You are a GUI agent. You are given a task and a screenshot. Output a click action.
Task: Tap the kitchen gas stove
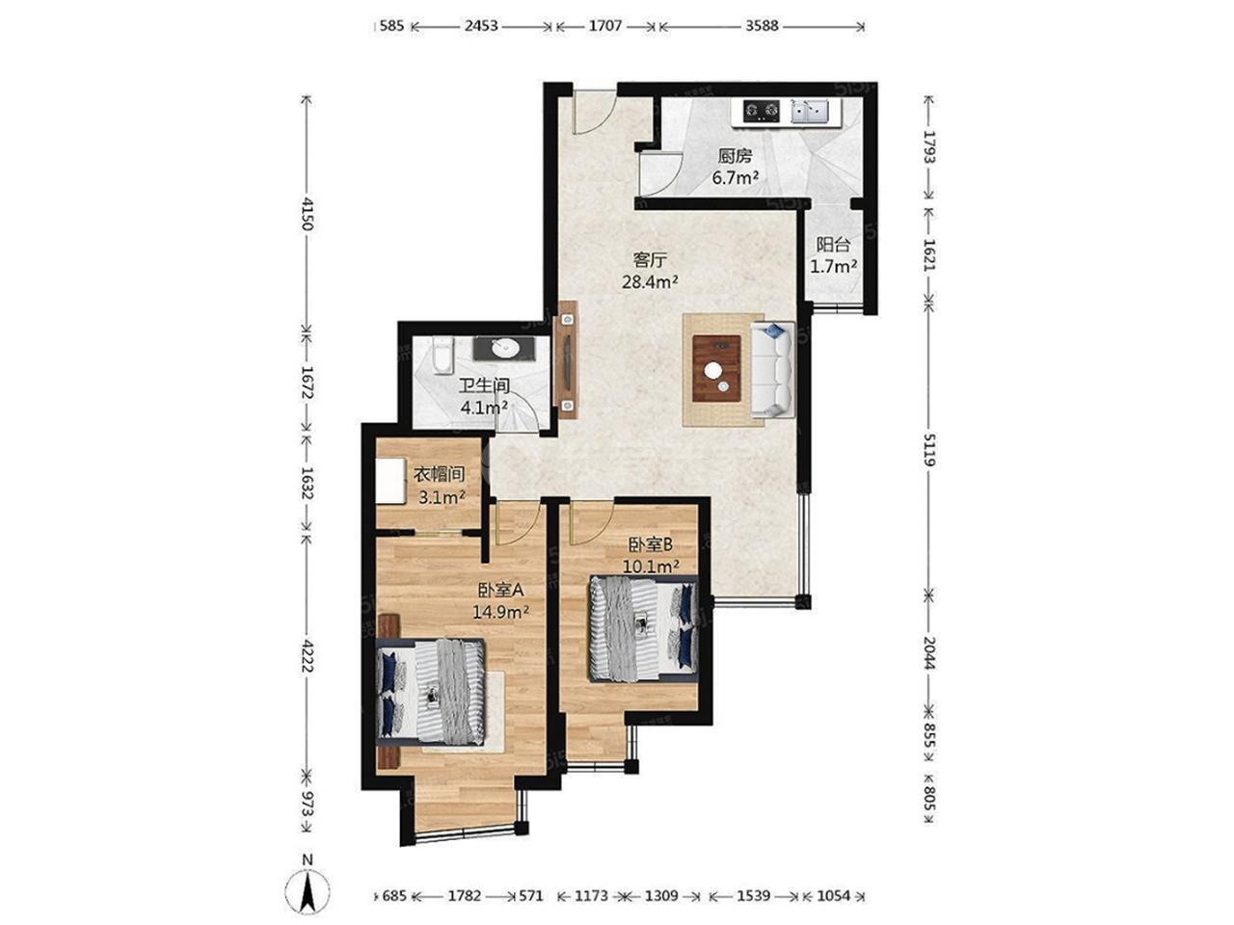(x=762, y=111)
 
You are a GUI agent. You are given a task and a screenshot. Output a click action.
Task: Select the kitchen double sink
(x=809, y=111)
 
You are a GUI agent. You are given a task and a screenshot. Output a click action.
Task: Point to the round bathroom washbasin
(x=505, y=349)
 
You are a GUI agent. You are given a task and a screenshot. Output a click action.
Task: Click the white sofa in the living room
(x=772, y=369)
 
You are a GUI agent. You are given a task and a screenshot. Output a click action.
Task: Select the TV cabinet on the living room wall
(x=567, y=360)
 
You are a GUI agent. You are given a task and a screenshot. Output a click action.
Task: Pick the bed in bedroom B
(x=644, y=629)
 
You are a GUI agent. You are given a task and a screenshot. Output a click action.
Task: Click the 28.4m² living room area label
(x=650, y=281)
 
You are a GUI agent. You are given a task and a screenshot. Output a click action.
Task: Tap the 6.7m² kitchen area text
(x=736, y=178)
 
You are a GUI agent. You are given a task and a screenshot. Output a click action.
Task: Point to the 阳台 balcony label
(x=833, y=245)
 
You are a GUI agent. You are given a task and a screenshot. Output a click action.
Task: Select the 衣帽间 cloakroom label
(x=439, y=475)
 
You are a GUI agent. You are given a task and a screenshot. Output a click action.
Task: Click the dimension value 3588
(x=762, y=26)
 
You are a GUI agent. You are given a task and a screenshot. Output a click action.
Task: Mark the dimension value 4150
(x=307, y=214)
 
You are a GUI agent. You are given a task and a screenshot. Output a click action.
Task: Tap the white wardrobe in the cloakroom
(x=391, y=481)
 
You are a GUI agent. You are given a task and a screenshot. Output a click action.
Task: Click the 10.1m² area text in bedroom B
(x=651, y=567)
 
